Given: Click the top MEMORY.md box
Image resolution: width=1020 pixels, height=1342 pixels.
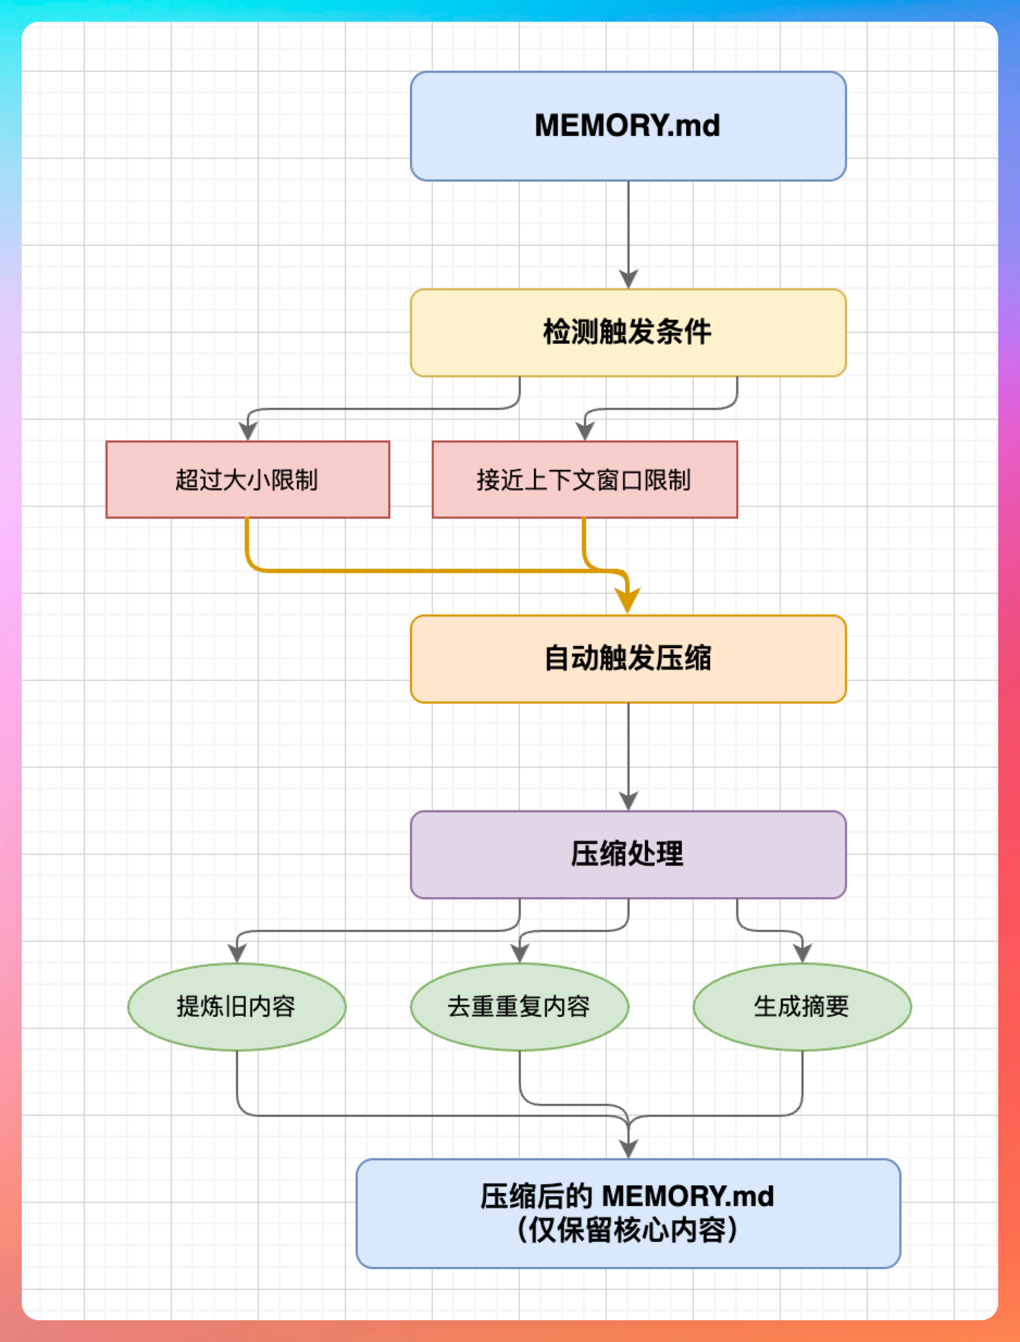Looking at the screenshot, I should tap(628, 126).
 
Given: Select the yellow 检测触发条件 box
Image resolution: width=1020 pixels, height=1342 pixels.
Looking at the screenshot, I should tap(628, 332).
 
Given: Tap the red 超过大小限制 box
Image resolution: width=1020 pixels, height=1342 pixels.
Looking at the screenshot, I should tap(248, 479).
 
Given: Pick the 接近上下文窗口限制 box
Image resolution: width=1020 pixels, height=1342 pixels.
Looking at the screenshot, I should tap(584, 479).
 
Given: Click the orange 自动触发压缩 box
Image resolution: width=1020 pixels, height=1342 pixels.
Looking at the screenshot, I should tap(628, 658).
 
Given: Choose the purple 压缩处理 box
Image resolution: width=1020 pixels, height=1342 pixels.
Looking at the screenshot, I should tap(628, 854).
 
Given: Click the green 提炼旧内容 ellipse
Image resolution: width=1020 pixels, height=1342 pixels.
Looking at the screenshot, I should tap(237, 1006).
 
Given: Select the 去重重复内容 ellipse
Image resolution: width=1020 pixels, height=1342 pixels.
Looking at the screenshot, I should tap(519, 1006).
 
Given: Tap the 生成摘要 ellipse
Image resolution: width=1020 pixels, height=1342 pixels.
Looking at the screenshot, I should tap(802, 1006).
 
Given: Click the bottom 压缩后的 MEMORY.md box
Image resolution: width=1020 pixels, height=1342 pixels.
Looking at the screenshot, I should tap(628, 1213).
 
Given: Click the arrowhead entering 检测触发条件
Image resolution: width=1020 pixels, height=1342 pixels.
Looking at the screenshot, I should tap(628, 279).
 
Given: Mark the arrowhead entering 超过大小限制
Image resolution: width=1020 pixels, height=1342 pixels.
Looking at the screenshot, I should tap(248, 431).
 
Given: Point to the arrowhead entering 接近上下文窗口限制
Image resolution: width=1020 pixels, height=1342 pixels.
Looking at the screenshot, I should tap(584, 431).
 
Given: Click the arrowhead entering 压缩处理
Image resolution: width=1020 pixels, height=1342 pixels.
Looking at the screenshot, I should tap(628, 801).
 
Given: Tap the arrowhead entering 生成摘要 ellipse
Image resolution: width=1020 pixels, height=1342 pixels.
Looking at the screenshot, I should tap(802, 953).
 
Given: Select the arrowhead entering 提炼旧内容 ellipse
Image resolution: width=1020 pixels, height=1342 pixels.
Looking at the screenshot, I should tap(237, 953).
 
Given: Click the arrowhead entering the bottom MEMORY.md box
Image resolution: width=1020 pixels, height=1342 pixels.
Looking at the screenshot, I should tap(628, 1149).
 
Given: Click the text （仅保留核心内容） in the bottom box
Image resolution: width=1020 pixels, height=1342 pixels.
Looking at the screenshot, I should tap(628, 1231).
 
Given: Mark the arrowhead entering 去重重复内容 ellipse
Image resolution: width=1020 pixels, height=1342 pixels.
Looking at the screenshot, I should tap(519, 953).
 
